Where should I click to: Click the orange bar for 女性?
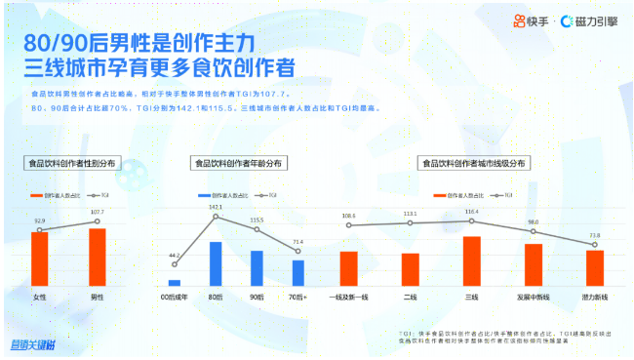pyautogui.click(x=40, y=259)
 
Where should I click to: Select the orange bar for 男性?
pyautogui.click(x=98, y=257)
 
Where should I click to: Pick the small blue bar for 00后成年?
pyautogui.click(x=175, y=283)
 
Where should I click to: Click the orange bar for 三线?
pyautogui.click(x=471, y=260)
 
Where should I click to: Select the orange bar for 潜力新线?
pyautogui.click(x=595, y=267)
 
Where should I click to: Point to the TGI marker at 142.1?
pyautogui.click(x=216, y=216)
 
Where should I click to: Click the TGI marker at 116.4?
pyautogui.click(x=471, y=220)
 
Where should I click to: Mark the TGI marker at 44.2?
pyautogui.click(x=175, y=263)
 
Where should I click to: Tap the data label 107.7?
pyautogui.click(x=98, y=212)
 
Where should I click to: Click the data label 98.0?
pyautogui.click(x=534, y=222)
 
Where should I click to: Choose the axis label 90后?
pyautogui.click(x=257, y=297)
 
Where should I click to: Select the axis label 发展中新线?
pyautogui.click(x=534, y=297)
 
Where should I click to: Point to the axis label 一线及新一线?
pyautogui.click(x=349, y=297)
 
